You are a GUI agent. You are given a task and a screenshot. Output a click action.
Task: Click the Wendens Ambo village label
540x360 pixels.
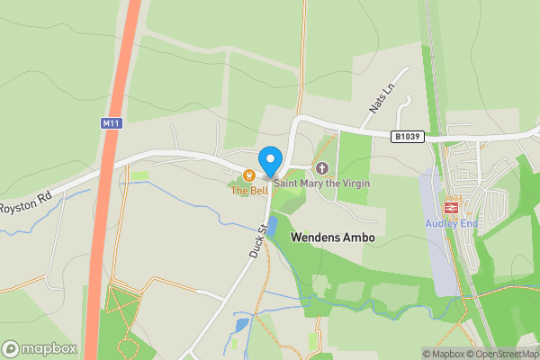click(332, 238)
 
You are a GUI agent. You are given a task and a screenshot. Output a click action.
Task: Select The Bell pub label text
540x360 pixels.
click(249, 190)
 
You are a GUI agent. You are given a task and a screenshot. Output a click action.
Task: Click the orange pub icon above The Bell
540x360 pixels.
click(249, 175)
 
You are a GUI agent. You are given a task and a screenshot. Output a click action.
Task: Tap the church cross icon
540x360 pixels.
click(322, 168)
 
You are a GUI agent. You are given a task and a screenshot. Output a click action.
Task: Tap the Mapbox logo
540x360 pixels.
click(40, 348)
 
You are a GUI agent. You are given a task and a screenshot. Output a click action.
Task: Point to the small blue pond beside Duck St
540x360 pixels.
click(271, 225)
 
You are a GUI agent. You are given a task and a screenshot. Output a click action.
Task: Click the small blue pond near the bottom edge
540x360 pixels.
click(240, 325)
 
